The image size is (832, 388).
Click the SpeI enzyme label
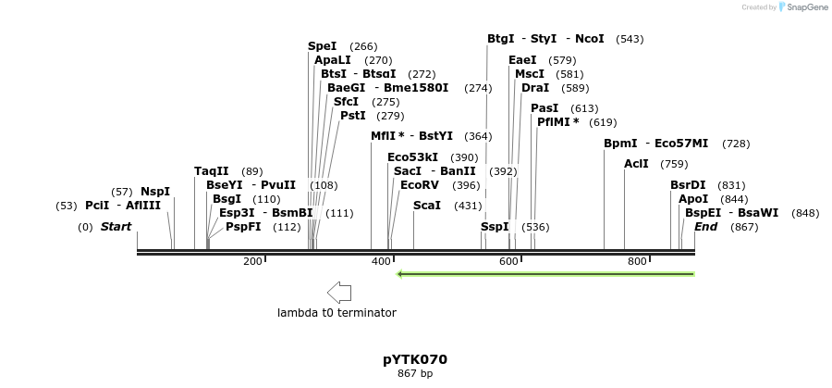coord(322,46)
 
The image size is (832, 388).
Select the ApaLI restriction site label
coord(333,60)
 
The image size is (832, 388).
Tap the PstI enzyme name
coord(353,116)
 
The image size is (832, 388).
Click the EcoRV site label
coord(420,185)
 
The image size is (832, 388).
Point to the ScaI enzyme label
coord(427,206)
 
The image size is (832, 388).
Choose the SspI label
coord(495,227)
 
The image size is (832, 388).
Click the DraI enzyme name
coord(535,88)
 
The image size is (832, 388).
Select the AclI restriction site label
coord(636,164)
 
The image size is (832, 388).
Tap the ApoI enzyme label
coord(693,199)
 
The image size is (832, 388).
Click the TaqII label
coord(211,171)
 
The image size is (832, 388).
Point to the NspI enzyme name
coord(155,192)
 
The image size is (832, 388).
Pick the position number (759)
coord(674,164)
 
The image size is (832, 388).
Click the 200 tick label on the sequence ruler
coord(252,262)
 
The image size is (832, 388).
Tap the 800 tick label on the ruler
coord(636,262)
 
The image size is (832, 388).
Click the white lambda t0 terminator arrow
coord(339,293)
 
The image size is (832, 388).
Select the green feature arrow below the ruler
coord(545,274)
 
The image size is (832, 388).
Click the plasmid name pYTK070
coord(415,359)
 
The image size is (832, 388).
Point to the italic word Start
coord(116,227)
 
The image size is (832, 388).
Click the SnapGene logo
coord(801,7)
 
